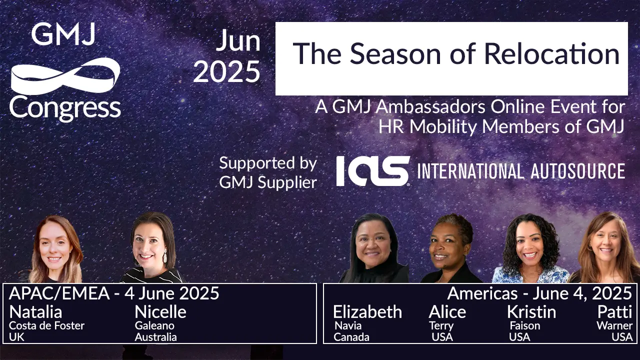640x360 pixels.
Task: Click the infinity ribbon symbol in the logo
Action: click(x=65, y=75)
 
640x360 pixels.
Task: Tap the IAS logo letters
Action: click(x=372, y=171)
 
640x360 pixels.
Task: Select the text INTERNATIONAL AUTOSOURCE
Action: click(x=520, y=171)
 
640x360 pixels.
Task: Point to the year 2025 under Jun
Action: click(x=226, y=71)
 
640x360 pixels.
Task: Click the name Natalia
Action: click(x=35, y=312)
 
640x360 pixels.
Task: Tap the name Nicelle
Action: click(x=160, y=312)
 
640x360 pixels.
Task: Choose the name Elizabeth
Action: click(x=367, y=312)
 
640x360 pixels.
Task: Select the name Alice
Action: click(x=447, y=312)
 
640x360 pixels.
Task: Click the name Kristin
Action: click(x=531, y=312)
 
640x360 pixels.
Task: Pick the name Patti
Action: click(x=614, y=312)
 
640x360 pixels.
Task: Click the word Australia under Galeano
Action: click(x=155, y=337)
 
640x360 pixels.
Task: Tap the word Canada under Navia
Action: click(x=351, y=337)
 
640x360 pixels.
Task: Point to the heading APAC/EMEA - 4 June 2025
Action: click(x=114, y=293)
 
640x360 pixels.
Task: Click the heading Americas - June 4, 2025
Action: click(x=539, y=293)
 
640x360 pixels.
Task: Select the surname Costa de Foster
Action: click(x=47, y=325)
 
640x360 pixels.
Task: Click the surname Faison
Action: click(x=524, y=325)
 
